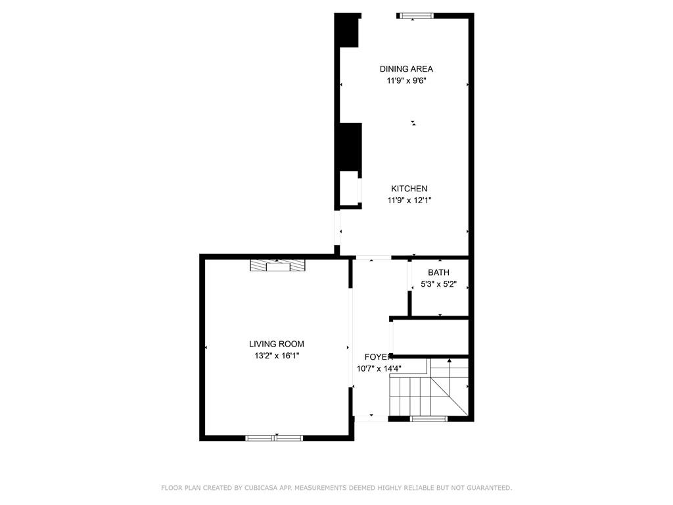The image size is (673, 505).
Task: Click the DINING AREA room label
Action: (x=406, y=69)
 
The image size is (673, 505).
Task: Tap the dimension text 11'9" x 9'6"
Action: (x=406, y=81)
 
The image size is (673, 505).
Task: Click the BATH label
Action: (x=438, y=273)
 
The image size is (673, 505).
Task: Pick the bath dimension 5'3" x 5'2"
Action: (x=438, y=285)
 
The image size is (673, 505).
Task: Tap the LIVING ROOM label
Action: (x=276, y=344)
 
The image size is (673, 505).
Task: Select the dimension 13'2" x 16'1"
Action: (x=276, y=356)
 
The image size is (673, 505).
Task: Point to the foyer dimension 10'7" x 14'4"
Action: (x=378, y=369)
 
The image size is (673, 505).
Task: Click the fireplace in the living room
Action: (x=277, y=265)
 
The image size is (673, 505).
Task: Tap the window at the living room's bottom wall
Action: (x=274, y=438)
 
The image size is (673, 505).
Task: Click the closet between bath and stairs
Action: (x=430, y=337)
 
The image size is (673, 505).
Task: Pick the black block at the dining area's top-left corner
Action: (x=346, y=30)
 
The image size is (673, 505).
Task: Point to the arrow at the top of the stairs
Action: (x=450, y=360)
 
